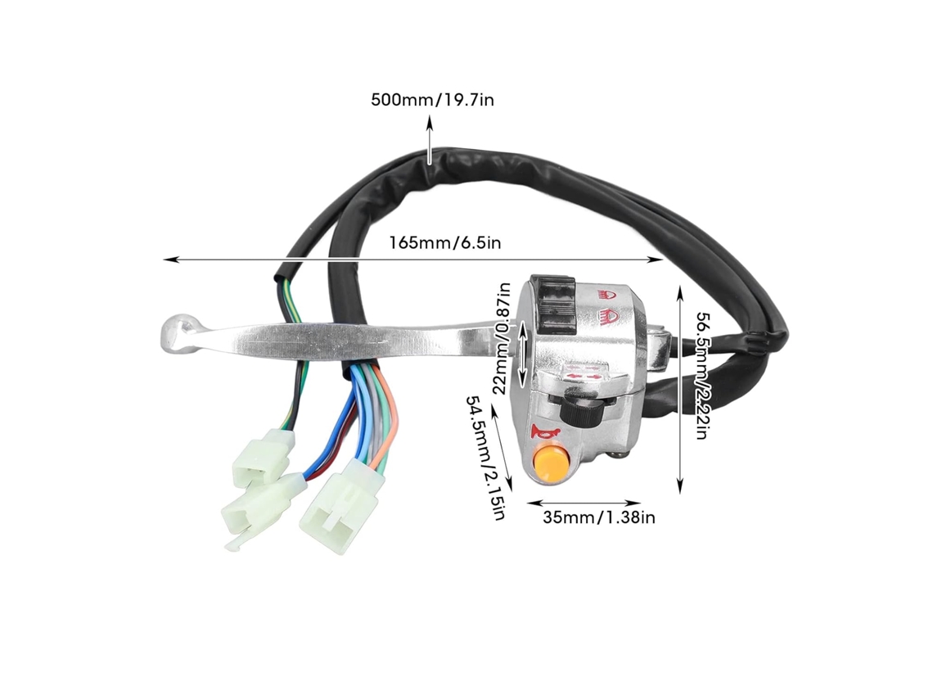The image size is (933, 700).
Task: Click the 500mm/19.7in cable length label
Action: click(x=433, y=99)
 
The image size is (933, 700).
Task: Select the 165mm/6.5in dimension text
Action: click(x=445, y=243)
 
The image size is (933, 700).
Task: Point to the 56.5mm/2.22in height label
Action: click(x=702, y=376)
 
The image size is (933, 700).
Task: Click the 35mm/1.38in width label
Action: click(x=598, y=517)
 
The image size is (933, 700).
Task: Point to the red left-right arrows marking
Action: click(x=582, y=377)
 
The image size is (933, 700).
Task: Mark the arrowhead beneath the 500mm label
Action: click(x=430, y=122)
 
